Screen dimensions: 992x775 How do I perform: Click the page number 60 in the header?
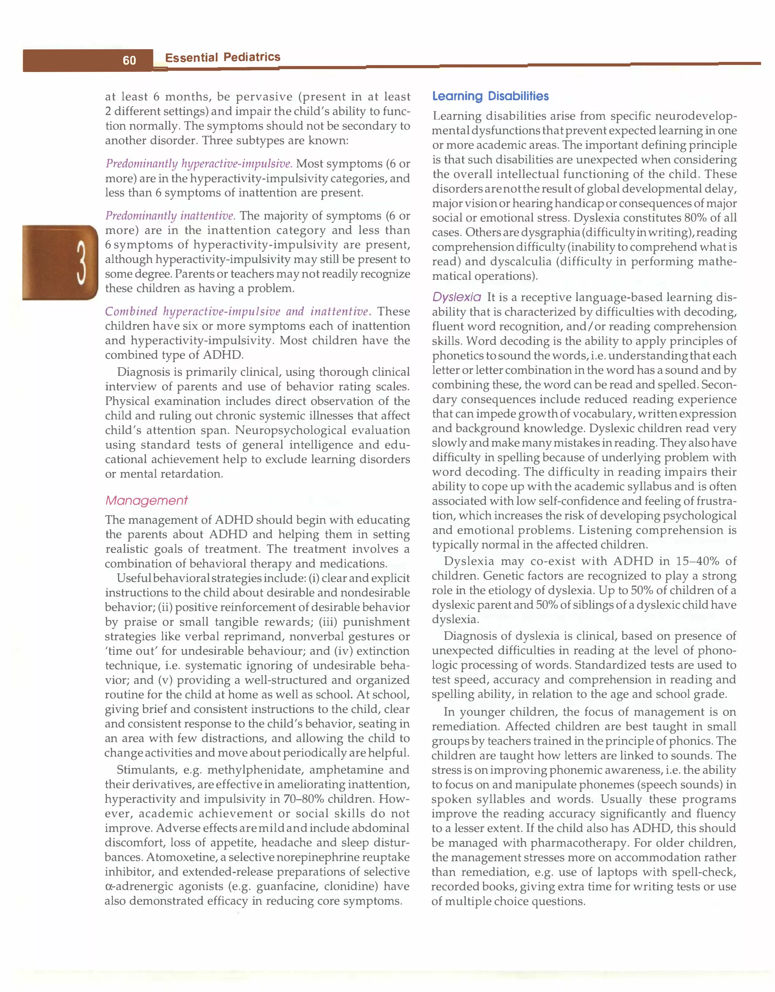pyautogui.click(x=129, y=60)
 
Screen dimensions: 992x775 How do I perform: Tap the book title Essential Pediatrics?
pyautogui.click(x=222, y=57)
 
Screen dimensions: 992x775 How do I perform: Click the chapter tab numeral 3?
pyautogui.click(x=81, y=262)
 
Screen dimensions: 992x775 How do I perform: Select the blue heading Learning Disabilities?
pyautogui.click(x=490, y=96)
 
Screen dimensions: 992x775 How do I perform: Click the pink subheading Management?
pyautogui.click(x=146, y=501)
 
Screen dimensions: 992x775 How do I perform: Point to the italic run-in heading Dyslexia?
pyautogui.click(x=456, y=298)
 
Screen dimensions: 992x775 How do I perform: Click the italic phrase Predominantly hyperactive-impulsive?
pyautogui.click(x=199, y=164)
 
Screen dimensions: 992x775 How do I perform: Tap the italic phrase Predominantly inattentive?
pyautogui.click(x=170, y=216)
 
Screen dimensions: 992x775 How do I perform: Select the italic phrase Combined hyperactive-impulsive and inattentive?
pyautogui.click(x=238, y=312)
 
